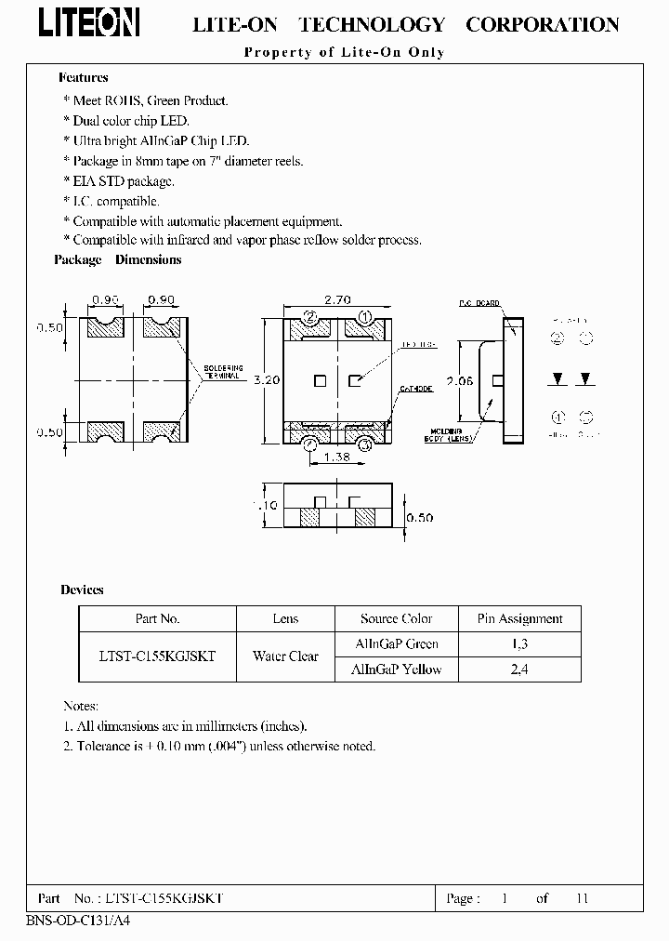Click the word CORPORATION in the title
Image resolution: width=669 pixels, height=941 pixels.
543,25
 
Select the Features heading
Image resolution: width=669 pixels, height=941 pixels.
84,78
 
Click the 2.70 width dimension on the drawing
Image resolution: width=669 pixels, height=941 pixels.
337,301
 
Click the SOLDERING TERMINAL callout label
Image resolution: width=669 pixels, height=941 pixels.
222,372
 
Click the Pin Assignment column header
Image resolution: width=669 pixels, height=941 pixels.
519,618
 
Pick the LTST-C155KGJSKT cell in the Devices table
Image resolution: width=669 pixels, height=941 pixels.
157,656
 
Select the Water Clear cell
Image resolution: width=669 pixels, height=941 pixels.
285,656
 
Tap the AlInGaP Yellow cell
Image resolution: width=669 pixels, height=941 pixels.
397,669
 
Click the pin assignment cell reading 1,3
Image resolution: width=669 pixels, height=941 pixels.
519,643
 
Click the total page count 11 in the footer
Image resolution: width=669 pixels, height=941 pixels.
583,898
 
